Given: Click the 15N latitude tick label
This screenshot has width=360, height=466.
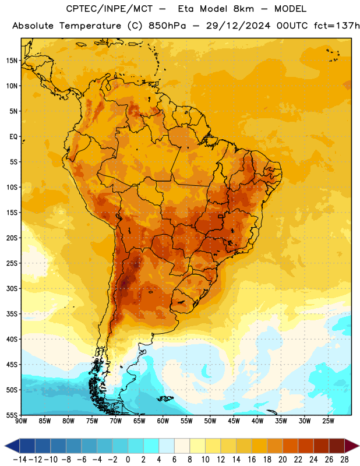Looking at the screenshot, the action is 12,61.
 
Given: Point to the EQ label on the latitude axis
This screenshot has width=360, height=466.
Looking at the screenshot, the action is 13,137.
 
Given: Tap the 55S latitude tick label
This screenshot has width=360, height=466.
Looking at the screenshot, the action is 12,415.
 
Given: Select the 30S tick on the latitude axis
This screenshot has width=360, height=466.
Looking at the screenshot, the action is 12,288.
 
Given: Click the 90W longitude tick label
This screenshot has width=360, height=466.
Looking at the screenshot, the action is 21,421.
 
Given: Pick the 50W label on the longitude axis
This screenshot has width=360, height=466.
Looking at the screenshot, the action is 210,421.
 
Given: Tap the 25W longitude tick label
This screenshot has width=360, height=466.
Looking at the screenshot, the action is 328,421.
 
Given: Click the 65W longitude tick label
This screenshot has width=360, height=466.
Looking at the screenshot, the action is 139,421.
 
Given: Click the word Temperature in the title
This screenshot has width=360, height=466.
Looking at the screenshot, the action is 90,26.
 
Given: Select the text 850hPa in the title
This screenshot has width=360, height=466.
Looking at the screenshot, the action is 167,26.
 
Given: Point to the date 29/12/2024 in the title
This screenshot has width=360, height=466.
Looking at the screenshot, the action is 238,26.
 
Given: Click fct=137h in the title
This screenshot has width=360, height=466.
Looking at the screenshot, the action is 337,26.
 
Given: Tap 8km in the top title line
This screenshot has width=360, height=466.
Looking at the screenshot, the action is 243,9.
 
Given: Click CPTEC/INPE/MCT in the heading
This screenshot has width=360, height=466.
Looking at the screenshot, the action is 110,9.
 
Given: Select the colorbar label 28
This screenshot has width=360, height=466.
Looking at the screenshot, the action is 344,460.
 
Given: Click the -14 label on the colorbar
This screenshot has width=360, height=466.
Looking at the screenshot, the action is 20,460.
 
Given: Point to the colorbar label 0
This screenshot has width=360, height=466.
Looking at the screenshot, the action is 128,460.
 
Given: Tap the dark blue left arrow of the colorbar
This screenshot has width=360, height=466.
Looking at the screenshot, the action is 12,446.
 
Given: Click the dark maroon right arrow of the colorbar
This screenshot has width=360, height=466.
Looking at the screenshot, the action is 352,446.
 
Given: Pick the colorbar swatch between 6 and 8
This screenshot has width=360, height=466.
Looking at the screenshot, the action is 182,446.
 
